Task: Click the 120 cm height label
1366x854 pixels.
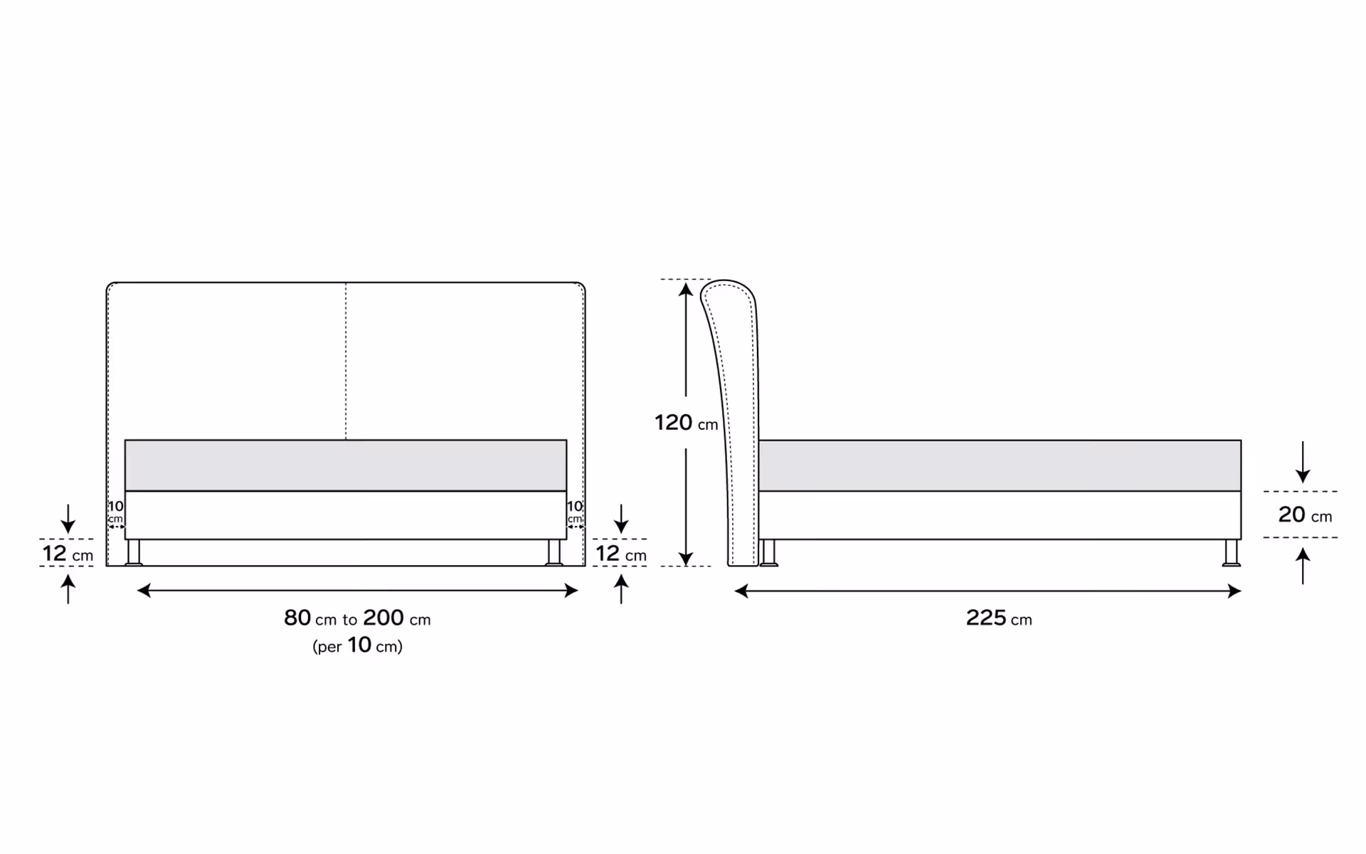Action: coord(686,423)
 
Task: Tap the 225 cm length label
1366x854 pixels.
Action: coord(999,618)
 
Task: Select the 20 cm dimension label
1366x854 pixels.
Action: coord(1305,515)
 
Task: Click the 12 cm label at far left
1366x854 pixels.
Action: coord(68,553)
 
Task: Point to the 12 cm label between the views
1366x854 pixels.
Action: coord(621,553)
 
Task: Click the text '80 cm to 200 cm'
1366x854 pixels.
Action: coord(357,618)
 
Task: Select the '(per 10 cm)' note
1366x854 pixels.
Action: coord(357,645)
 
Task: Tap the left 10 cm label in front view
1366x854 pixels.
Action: coord(115,511)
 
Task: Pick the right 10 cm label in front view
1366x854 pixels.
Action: coord(575,511)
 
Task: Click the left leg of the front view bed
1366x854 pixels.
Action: coord(134,552)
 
